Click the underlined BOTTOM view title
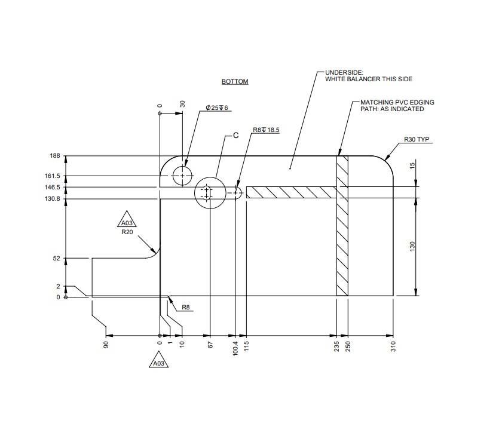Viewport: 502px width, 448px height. pyautogui.click(x=234, y=81)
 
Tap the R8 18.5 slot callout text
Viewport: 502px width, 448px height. pyautogui.click(x=266, y=130)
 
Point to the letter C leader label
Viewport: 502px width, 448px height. pyautogui.click(x=235, y=136)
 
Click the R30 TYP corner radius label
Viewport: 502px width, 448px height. pyautogui.click(x=417, y=140)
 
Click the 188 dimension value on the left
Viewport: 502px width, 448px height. pyautogui.click(x=55, y=156)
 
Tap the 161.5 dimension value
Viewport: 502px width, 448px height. pyautogui.click(x=53, y=176)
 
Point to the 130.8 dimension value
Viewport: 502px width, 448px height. pyautogui.click(x=53, y=198)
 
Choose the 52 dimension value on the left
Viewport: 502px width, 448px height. pyautogui.click(x=57, y=258)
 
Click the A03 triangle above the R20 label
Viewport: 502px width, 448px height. pyautogui.click(x=126, y=220)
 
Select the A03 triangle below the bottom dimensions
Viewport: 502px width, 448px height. pyautogui.click(x=158, y=362)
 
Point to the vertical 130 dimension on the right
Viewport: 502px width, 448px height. pyautogui.click(x=412, y=247)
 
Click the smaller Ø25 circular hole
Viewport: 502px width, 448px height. pyautogui.click(x=182, y=176)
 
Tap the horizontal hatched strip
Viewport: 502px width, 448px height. pyautogui.click(x=291, y=192)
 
